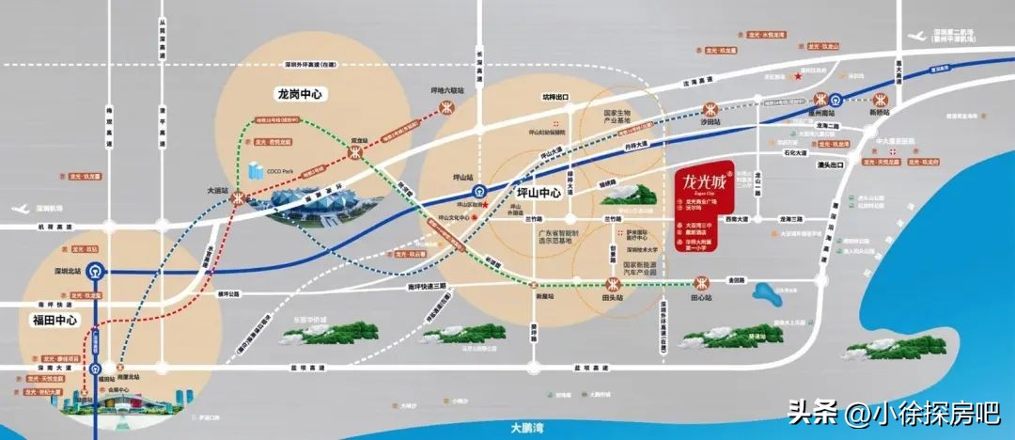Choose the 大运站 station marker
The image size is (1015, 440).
[239, 198]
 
